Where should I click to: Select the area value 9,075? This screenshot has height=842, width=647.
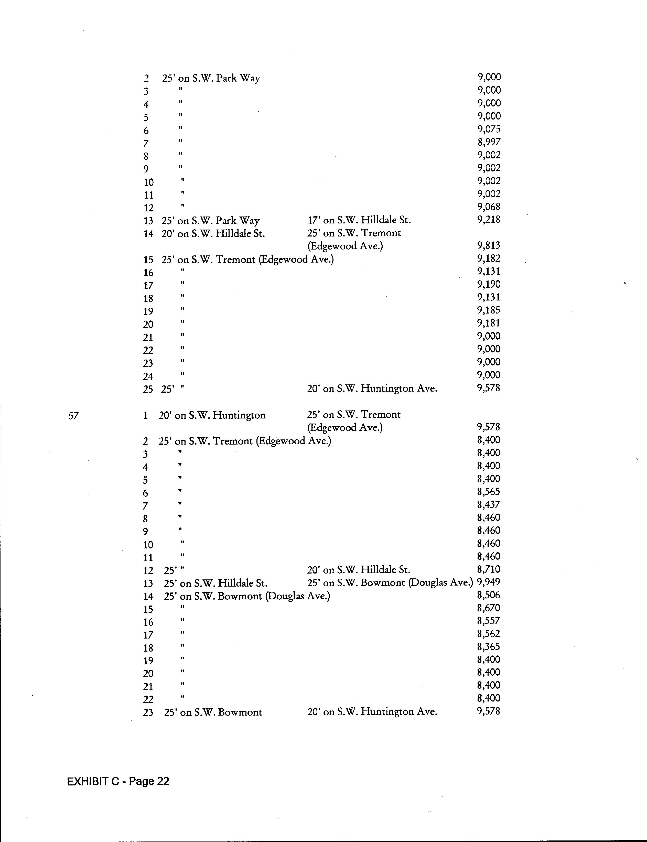pos(489,129)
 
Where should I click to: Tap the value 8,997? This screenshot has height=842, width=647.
pos(489,142)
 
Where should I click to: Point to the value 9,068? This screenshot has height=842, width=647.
pos(489,207)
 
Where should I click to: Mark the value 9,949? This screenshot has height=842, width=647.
pos(488,582)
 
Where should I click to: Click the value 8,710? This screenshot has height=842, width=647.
pos(488,569)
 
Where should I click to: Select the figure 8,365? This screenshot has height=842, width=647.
pos(488,647)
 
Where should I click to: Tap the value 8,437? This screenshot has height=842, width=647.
pos(488,504)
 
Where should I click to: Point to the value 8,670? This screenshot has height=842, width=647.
pos(488,608)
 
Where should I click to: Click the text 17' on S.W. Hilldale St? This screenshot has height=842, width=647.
pos(359,220)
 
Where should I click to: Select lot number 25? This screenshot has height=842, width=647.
pos(148,389)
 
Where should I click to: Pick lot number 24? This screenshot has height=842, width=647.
pos(148,376)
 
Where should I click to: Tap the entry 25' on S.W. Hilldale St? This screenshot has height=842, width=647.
pos(216,583)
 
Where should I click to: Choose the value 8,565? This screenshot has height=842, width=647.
pos(488,492)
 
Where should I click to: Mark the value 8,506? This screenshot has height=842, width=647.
pos(488,595)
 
